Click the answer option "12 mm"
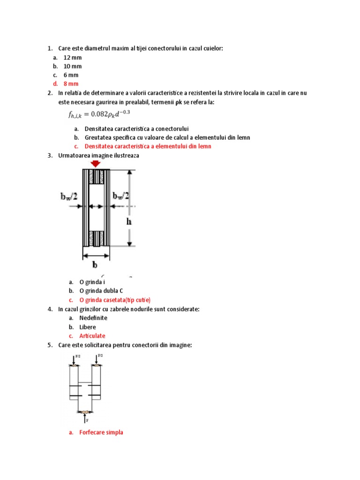tap(72, 58)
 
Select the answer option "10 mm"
tap(72, 67)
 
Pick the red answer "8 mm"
tap(71, 84)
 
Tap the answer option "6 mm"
tap(71, 75)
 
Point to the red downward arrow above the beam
tap(96, 164)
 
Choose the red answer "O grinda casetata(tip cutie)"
tap(115, 300)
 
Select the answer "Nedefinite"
tap(93, 318)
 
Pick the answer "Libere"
tap(87, 327)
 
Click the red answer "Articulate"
tap(92, 336)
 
